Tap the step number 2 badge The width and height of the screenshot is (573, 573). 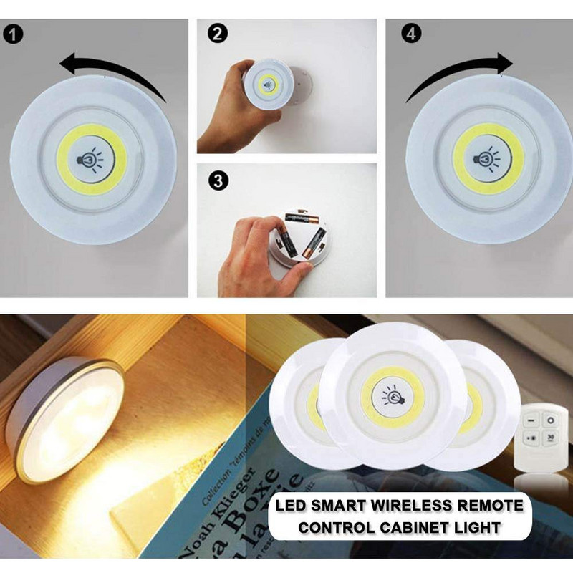215,34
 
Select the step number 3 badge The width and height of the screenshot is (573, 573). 215,180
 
